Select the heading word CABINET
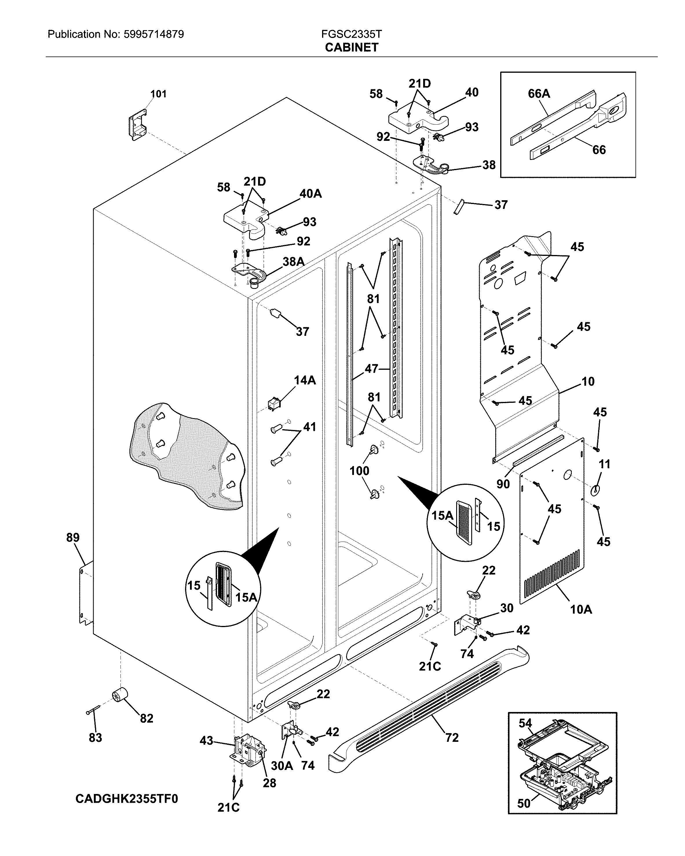(x=351, y=48)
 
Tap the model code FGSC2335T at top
(x=351, y=34)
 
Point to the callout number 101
(x=158, y=94)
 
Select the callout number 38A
(x=293, y=262)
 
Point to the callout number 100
(x=359, y=471)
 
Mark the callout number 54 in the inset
(x=525, y=723)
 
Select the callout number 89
(x=73, y=538)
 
